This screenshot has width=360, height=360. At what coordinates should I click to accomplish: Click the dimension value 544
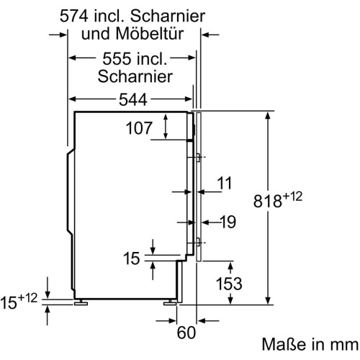point(133,99)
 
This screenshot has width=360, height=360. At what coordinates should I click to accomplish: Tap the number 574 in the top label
point(74,16)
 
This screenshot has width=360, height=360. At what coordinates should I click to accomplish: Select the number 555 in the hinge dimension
point(117,58)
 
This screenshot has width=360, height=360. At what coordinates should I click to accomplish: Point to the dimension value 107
point(139,128)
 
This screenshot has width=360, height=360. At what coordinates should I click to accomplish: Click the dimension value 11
point(225,183)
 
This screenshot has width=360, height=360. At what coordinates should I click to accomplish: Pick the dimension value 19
point(228,222)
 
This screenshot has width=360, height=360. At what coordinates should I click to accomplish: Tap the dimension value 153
point(229,284)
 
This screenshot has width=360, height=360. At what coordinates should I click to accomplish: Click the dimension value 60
point(186,333)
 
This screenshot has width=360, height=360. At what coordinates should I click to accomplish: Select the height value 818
point(267,201)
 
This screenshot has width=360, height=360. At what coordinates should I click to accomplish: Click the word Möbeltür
point(150,34)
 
